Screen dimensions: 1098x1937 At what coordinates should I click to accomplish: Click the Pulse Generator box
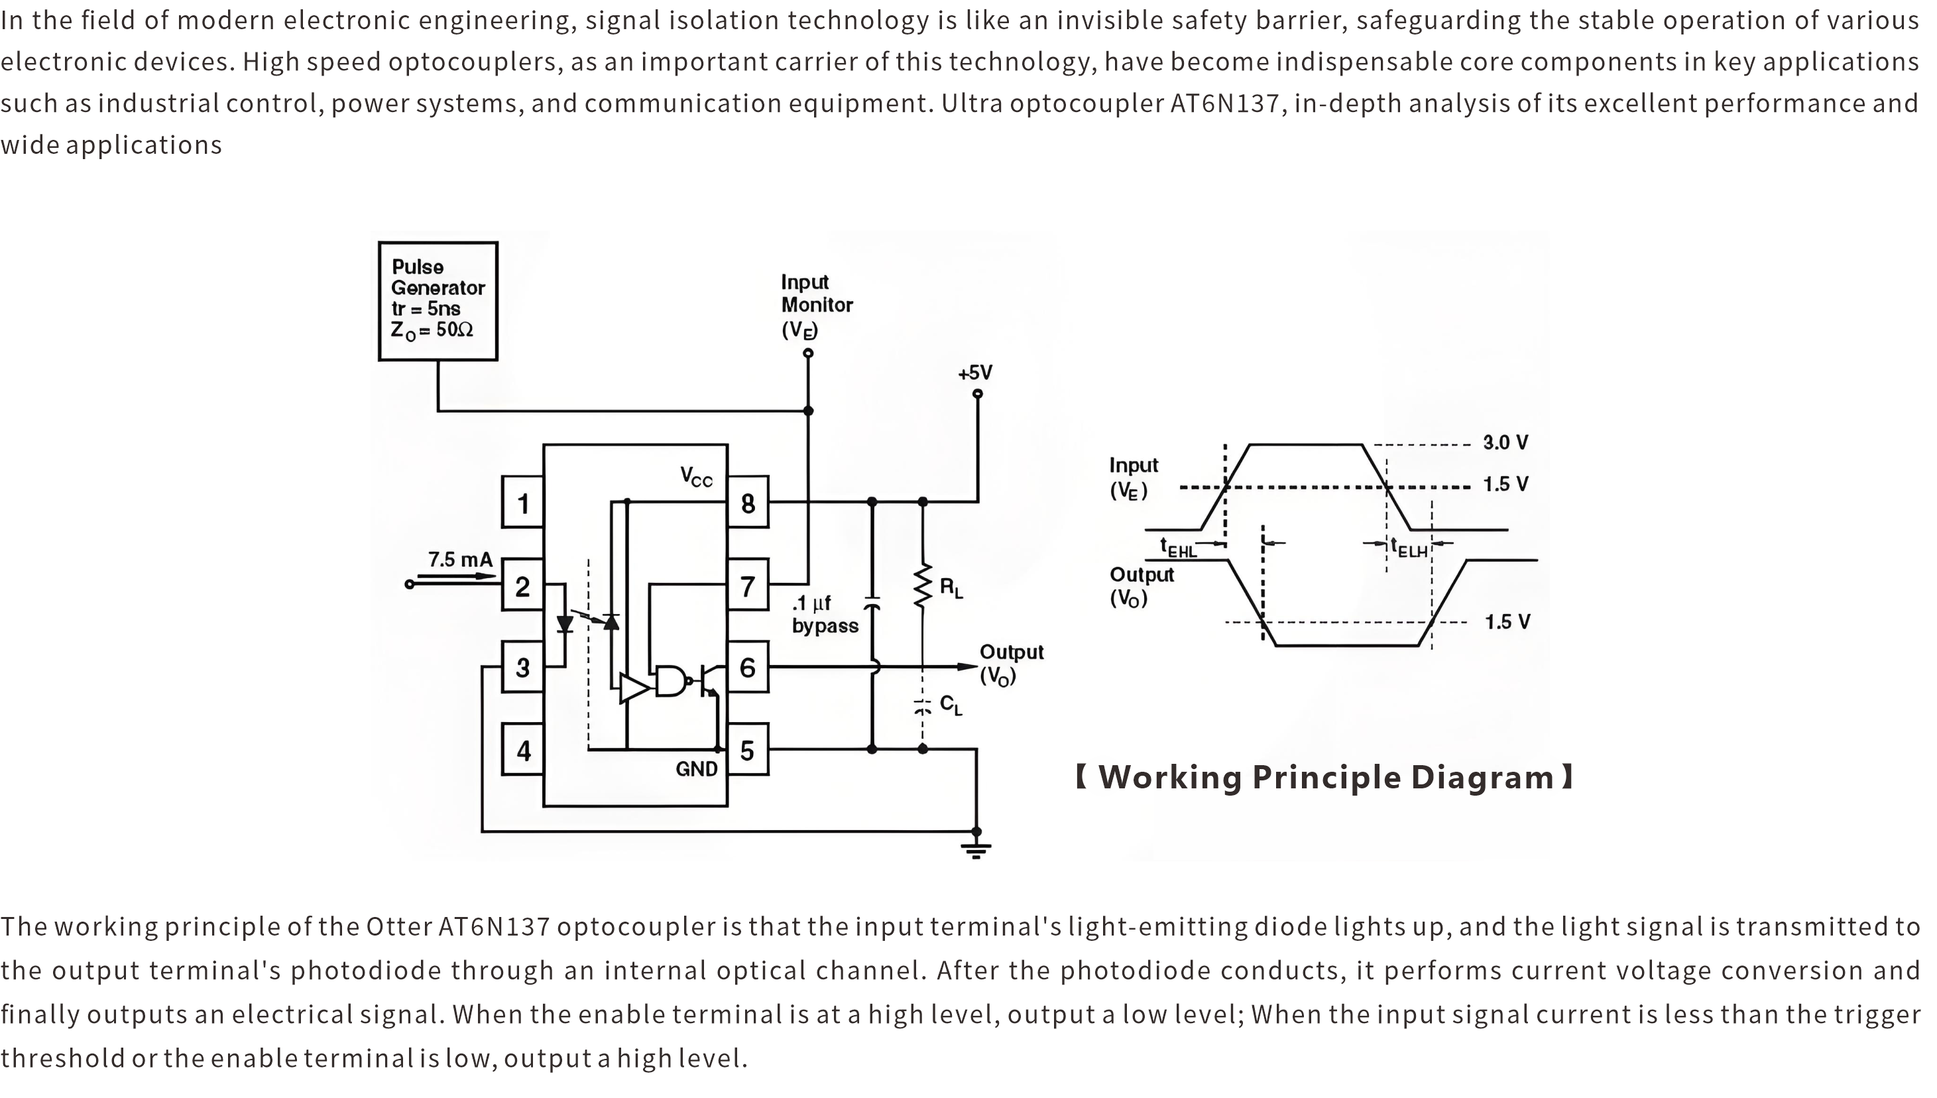point(438,301)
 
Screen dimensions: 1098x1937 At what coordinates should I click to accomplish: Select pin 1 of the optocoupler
point(522,502)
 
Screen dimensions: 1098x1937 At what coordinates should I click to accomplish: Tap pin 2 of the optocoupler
point(522,585)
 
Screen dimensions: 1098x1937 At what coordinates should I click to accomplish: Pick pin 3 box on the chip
point(522,668)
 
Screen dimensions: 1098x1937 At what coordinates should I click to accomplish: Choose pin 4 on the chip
point(522,750)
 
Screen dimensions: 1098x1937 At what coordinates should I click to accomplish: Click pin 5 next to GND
point(747,750)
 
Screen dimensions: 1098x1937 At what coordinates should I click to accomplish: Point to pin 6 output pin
point(747,668)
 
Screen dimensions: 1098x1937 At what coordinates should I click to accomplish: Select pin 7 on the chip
point(747,585)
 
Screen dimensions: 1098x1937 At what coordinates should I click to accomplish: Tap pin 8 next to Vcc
point(747,502)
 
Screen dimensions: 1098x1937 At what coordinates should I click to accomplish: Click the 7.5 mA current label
point(460,560)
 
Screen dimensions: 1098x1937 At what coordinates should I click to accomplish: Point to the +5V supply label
point(975,373)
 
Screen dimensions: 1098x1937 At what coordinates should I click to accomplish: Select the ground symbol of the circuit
point(976,850)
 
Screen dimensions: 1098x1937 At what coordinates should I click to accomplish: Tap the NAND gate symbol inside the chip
point(671,682)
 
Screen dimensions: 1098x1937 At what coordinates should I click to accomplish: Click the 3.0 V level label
point(1505,443)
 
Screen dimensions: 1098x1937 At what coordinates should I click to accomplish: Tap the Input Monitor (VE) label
point(816,306)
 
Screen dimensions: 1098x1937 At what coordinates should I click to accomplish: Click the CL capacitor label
point(951,705)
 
